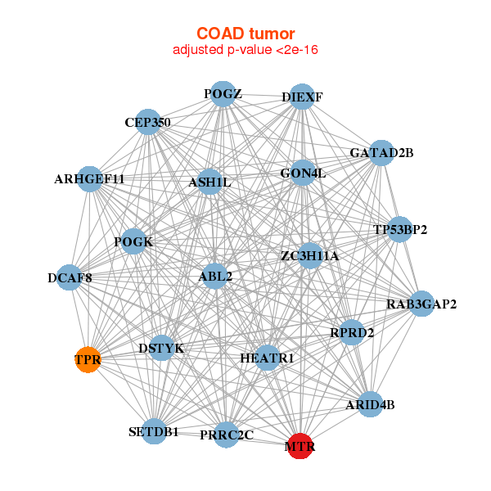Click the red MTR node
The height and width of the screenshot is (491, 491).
click(300, 446)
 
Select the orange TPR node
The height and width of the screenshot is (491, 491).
click(88, 359)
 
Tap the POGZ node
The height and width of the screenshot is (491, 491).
click(223, 94)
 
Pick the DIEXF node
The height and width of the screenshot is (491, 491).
click(302, 97)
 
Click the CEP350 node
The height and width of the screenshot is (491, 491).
click(147, 123)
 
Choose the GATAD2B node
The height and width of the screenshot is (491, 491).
click(381, 153)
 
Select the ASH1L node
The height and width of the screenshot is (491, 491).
click(210, 182)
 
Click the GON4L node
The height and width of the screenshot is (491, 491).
click(303, 173)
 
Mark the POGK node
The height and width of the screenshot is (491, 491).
click(133, 241)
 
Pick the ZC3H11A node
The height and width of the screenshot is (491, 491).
click(309, 256)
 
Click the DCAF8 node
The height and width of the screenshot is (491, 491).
click(70, 278)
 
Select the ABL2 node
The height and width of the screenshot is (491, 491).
click(215, 277)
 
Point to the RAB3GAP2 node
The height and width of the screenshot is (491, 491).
click(421, 304)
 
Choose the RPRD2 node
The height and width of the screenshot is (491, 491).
click(352, 332)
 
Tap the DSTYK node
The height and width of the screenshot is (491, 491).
click(161, 349)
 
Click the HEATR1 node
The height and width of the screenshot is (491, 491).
click(267, 358)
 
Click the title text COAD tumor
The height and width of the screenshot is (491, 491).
click(245, 34)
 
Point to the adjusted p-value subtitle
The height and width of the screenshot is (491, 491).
click(245, 50)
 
